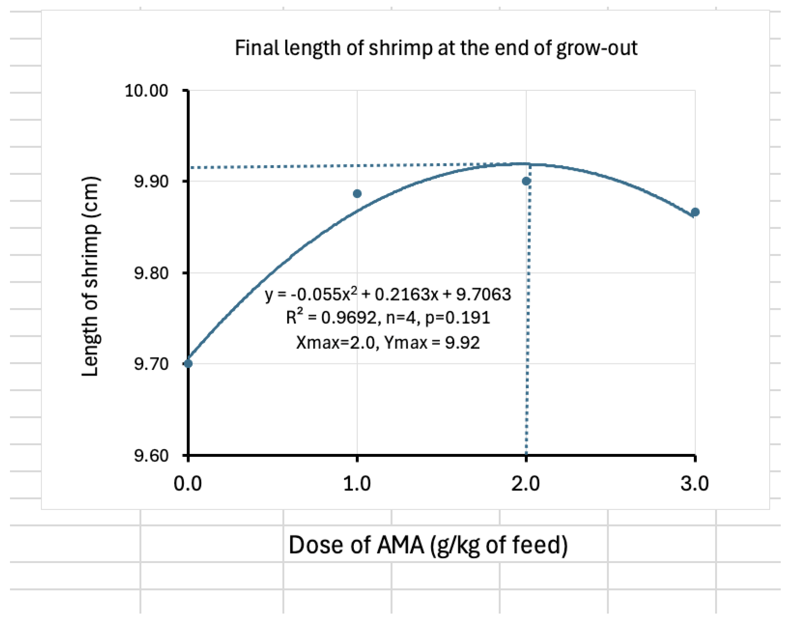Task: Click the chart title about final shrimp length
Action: tap(436, 48)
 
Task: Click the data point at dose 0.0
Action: tap(188, 364)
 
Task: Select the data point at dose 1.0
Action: tap(357, 194)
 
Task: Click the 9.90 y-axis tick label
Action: tap(151, 181)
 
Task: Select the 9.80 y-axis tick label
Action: tap(151, 272)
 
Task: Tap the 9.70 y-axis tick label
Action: tap(151, 364)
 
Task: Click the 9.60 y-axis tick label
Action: tap(151, 455)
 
